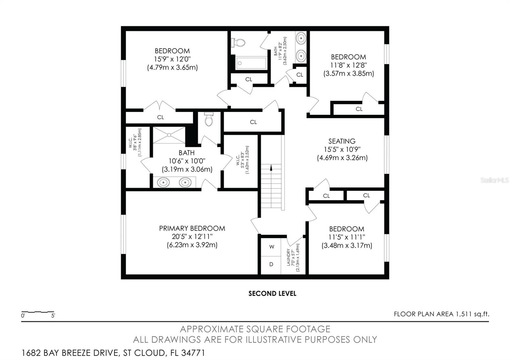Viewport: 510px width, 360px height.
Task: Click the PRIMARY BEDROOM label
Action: pyautogui.click(x=192, y=228)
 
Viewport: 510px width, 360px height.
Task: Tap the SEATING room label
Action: pyautogui.click(x=342, y=141)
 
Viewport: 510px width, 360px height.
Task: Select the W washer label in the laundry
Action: pyautogui.click(x=272, y=247)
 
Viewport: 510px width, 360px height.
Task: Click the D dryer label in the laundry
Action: pyautogui.click(x=271, y=264)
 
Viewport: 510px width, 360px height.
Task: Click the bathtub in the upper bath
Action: pyautogui.click(x=251, y=63)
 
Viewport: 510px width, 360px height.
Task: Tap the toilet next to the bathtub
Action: pyautogui.click(x=238, y=43)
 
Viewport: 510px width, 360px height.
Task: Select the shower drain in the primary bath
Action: pyautogui.click(x=169, y=135)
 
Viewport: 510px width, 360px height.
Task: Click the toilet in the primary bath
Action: pyautogui.click(x=208, y=119)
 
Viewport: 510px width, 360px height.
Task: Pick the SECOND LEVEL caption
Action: pyautogui.click(x=272, y=293)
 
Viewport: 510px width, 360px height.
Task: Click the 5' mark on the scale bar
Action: pyautogui.click(x=53, y=316)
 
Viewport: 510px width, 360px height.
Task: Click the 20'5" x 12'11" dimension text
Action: pyautogui.click(x=192, y=237)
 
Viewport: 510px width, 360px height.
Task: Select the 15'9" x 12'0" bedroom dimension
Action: pyautogui.click(x=172, y=59)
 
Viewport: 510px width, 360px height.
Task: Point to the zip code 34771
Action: pyautogui.click(x=193, y=353)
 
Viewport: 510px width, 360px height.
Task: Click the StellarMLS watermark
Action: pyautogui.click(x=494, y=180)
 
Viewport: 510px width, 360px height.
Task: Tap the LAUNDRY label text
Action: pyautogui.click(x=288, y=257)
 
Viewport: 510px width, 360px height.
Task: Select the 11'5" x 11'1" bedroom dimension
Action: pyautogui.click(x=346, y=237)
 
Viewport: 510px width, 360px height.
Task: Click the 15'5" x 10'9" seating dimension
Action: pyautogui.click(x=342, y=149)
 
